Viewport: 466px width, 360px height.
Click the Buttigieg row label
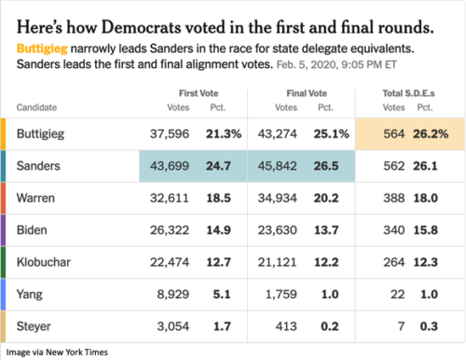pyautogui.click(x=46, y=134)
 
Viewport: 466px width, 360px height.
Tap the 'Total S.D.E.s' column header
pyautogui.click(x=411, y=93)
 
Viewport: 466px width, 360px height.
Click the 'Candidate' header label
pyautogui.click(x=38, y=107)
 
